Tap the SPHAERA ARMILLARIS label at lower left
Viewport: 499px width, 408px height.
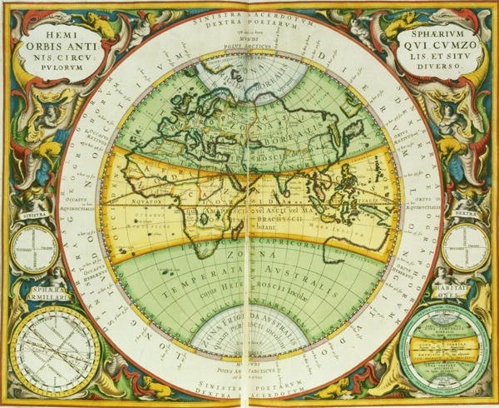click(37, 293)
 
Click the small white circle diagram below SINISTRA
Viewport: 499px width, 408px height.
click(35, 249)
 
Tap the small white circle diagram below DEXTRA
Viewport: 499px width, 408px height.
click(465, 249)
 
